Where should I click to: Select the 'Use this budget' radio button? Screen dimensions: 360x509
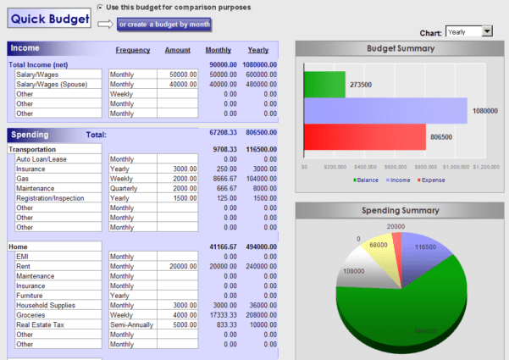(x=101, y=7)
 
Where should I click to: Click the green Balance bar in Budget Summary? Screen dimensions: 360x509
(x=324, y=85)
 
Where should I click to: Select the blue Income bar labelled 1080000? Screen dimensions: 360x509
(x=385, y=111)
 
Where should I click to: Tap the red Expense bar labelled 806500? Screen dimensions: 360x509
(x=364, y=136)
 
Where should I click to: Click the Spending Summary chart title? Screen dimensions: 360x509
(x=401, y=209)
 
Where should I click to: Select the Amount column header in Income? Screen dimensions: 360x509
(x=177, y=50)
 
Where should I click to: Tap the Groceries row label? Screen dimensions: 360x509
(x=34, y=314)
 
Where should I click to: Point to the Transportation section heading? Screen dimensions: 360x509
(x=32, y=149)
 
